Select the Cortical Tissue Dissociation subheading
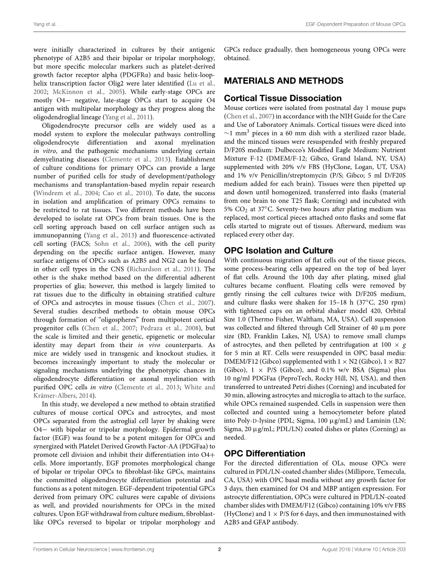point(283,98)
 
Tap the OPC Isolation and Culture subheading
point(278,251)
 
